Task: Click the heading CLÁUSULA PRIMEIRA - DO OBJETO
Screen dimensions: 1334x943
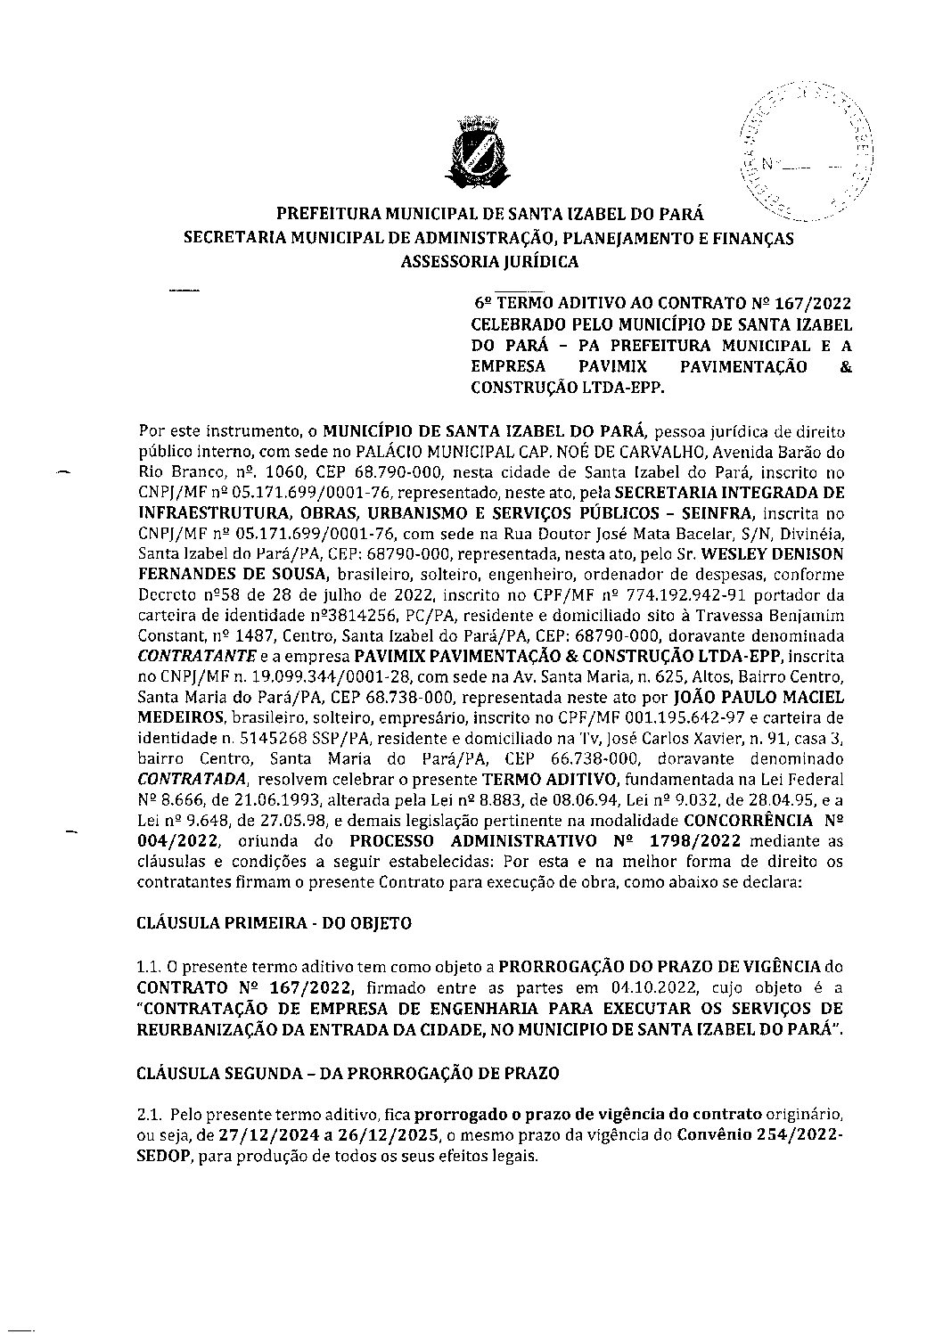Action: tap(274, 923)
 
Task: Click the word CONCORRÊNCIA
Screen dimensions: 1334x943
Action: tap(748, 821)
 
